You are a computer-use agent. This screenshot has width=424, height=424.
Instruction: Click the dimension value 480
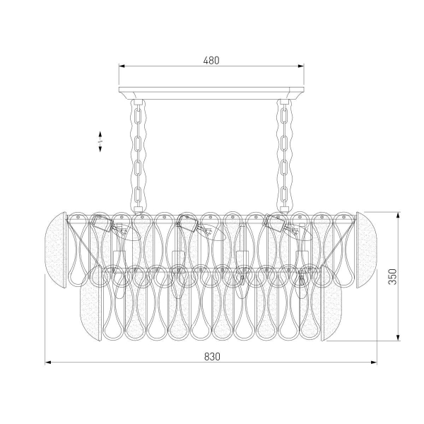(x=211, y=61)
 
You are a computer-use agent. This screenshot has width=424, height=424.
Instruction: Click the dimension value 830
(x=212, y=357)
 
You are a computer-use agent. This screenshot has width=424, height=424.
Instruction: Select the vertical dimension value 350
(x=392, y=276)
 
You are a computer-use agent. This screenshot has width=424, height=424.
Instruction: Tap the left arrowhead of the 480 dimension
(x=122, y=66)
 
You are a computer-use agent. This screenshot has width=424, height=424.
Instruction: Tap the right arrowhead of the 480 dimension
(x=301, y=66)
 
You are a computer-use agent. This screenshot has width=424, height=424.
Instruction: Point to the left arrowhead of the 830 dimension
(x=48, y=363)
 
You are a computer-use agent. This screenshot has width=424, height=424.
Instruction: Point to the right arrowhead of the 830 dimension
(x=374, y=363)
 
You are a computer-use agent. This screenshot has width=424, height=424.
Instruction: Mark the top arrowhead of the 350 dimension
(x=398, y=216)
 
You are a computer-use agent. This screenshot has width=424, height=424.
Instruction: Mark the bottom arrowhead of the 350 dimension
(x=398, y=338)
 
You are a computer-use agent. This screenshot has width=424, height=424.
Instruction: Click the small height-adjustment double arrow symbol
(x=100, y=141)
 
